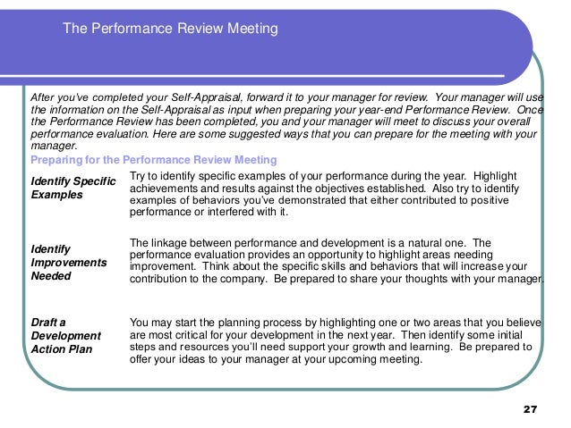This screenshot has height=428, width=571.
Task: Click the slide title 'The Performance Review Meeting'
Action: click(171, 29)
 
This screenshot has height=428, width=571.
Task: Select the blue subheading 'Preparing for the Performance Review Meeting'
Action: click(154, 160)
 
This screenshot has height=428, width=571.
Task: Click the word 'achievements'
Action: click(166, 189)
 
